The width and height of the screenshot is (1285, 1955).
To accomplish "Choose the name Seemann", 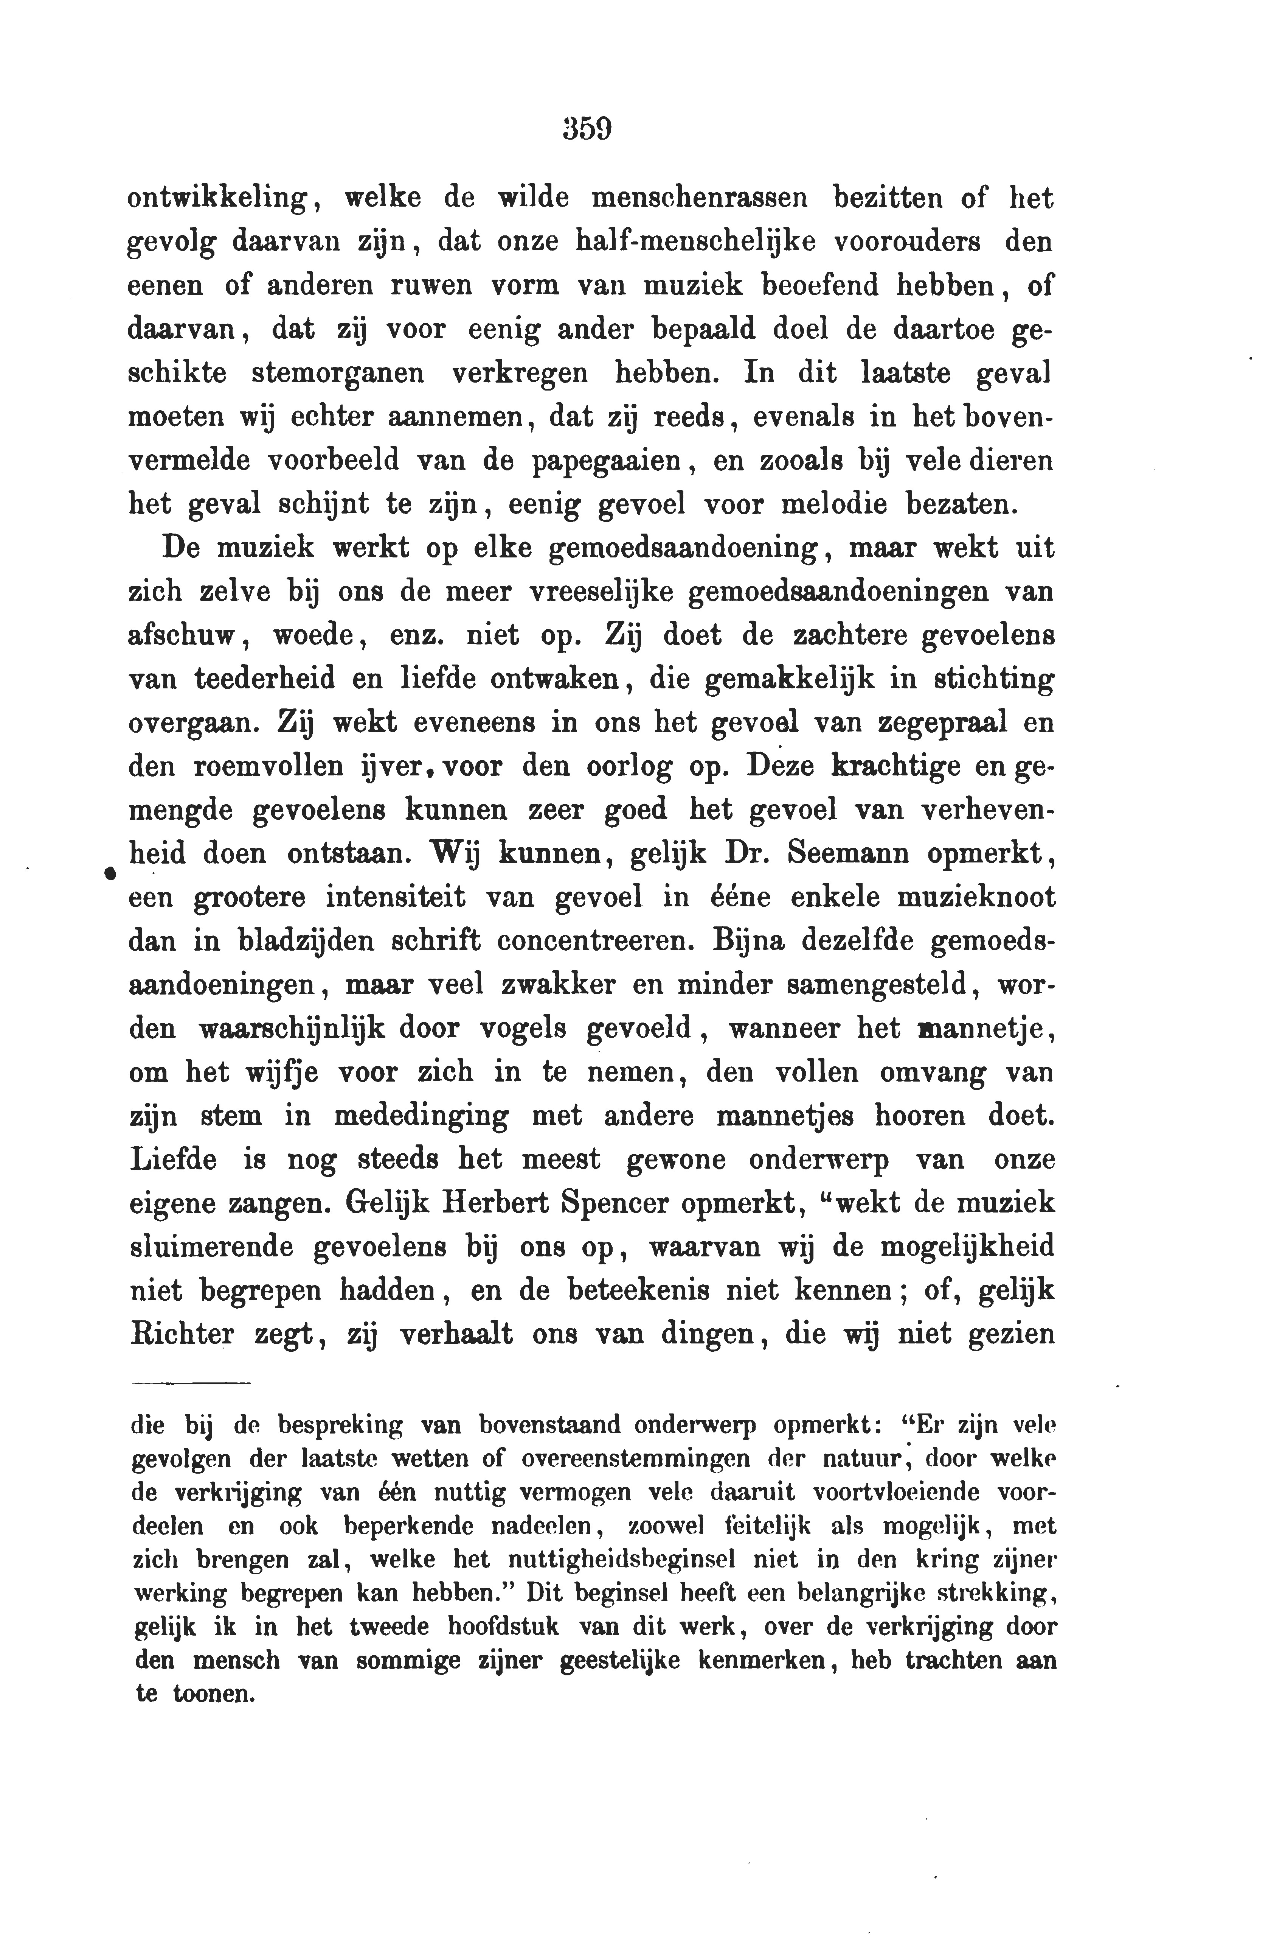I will click(849, 853).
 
